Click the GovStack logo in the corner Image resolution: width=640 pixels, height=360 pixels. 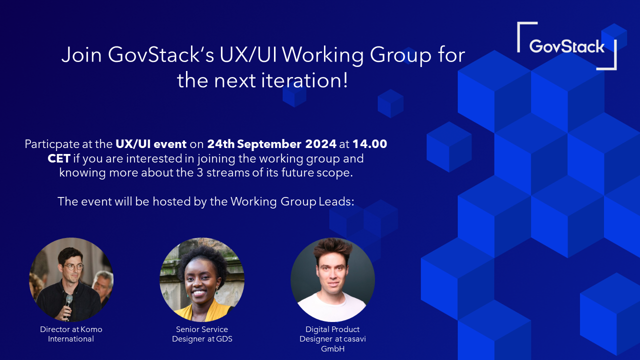(x=566, y=46)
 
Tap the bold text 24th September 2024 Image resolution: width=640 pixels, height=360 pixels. (x=271, y=144)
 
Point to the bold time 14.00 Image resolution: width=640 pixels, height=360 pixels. (x=369, y=144)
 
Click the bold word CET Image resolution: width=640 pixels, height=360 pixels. (x=58, y=159)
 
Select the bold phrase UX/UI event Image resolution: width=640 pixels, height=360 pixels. (x=151, y=144)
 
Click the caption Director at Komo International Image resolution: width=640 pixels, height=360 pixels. (x=71, y=334)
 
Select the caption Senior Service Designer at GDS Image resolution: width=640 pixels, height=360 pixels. (x=202, y=334)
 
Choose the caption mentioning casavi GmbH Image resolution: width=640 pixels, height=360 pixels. (x=332, y=339)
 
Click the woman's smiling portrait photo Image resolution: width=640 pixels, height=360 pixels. (x=202, y=279)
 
